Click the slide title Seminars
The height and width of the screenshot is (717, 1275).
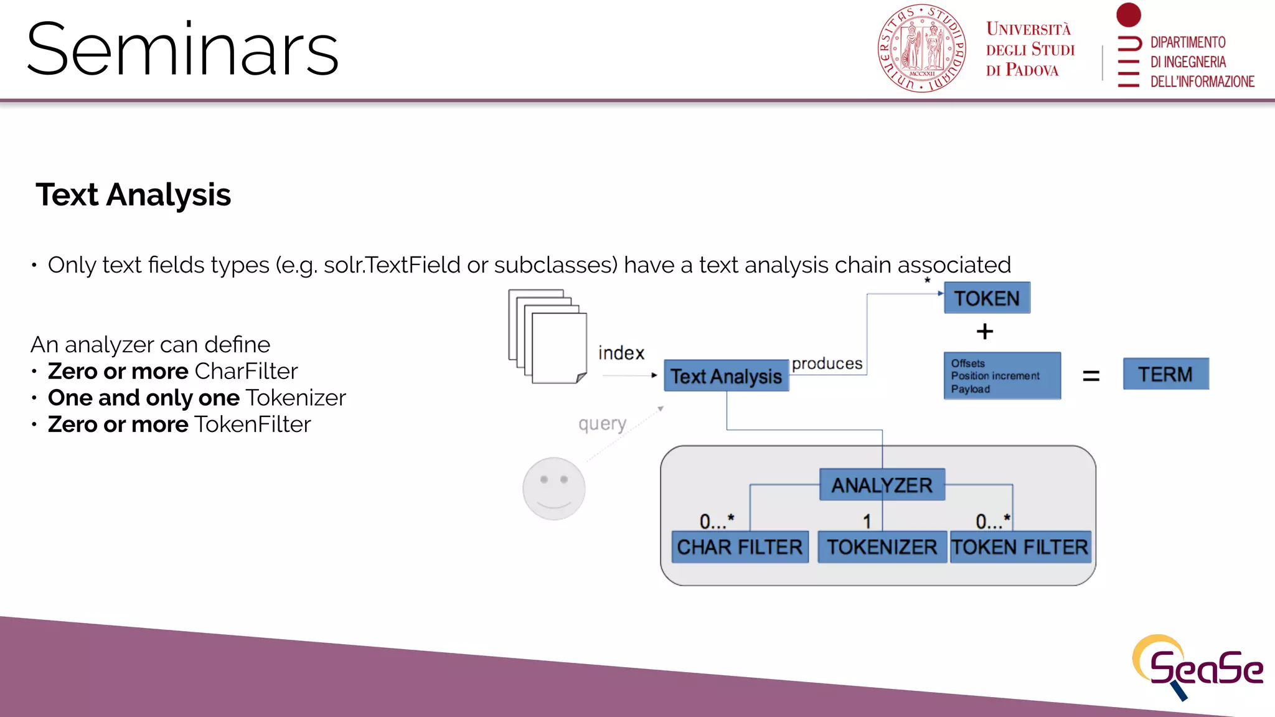(x=182, y=50)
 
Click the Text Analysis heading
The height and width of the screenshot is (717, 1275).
(x=133, y=195)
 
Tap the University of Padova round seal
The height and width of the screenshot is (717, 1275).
(x=921, y=49)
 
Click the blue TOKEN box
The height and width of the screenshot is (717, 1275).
(x=987, y=298)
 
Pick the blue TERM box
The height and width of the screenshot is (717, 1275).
(x=1165, y=374)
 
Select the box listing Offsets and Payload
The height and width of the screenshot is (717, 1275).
(x=1002, y=376)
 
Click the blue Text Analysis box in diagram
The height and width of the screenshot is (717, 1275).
(x=726, y=376)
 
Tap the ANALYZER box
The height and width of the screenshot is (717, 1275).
(x=882, y=485)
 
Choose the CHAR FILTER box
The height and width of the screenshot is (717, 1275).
(x=740, y=547)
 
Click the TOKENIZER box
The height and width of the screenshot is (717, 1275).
(x=882, y=547)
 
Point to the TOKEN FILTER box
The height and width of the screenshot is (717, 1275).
(x=1020, y=547)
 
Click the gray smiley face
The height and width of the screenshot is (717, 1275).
(x=553, y=489)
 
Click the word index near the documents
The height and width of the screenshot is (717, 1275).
(x=621, y=353)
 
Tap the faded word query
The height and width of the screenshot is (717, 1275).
(x=602, y=424)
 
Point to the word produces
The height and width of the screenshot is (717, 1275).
(x=827, y=363)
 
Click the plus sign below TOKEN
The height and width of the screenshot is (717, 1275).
(x=984, y=331)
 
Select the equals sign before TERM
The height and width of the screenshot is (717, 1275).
(x=1091, y=375)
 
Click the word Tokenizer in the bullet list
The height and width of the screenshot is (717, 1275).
(x=296, y=398)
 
